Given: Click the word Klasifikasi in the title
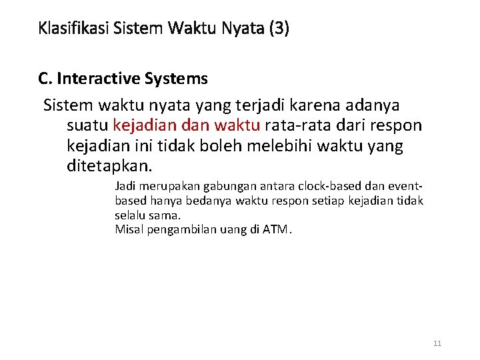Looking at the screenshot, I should (73, 29).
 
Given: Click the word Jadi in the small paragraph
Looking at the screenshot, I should (125, 186).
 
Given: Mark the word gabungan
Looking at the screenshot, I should (225, 186).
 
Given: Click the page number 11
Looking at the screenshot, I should (437, 343).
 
